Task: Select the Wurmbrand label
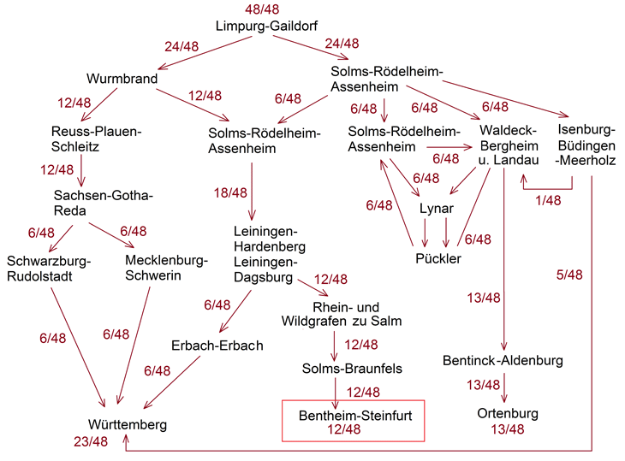point(122,79)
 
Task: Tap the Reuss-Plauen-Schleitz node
point(94,139)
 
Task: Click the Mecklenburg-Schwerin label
point(164,268)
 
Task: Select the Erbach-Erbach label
point(217,346)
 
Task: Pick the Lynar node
point(437,209)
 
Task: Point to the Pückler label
point(438,258)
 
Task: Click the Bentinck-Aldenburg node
point(503,360)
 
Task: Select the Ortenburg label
point(509,414)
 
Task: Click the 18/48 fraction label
point(230,193)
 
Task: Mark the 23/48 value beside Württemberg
point(90,441)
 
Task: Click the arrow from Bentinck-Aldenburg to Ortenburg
point(504,387)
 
